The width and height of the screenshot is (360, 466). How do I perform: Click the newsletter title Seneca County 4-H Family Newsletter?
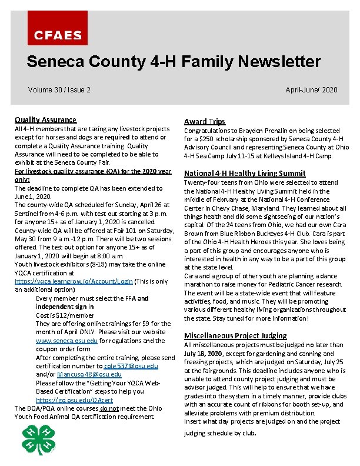[x=174, y=62]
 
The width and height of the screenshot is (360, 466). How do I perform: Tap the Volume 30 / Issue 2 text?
[x=59, y=90]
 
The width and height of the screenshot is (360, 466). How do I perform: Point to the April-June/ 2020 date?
[x=311, y=90]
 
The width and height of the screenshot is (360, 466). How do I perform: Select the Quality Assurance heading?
[x=45, y=119]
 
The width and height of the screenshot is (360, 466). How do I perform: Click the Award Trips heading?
[x=205, y=121]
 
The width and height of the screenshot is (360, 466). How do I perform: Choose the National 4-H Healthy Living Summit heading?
[x=245, y=173]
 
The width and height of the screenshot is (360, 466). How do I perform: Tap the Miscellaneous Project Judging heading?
[x=235, y=335]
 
